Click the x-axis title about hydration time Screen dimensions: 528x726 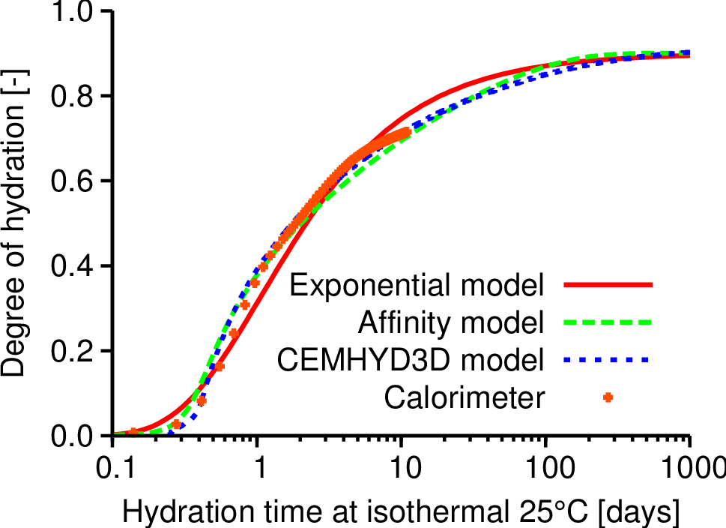click(x=401, y=512)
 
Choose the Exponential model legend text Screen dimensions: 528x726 click(x=417, y=286)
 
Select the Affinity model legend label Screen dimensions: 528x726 click(x=450, y=323)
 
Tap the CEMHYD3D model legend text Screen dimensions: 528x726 click(x=410, y=361)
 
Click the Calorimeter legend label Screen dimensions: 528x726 click(x=465, y=397)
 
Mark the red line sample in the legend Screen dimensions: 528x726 click(x=608, y=286)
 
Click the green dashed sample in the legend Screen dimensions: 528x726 click(x=608, y=323)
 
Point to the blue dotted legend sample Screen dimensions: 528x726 click(x=608, y=361)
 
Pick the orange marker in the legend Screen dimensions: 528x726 click(x=608, y=397)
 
